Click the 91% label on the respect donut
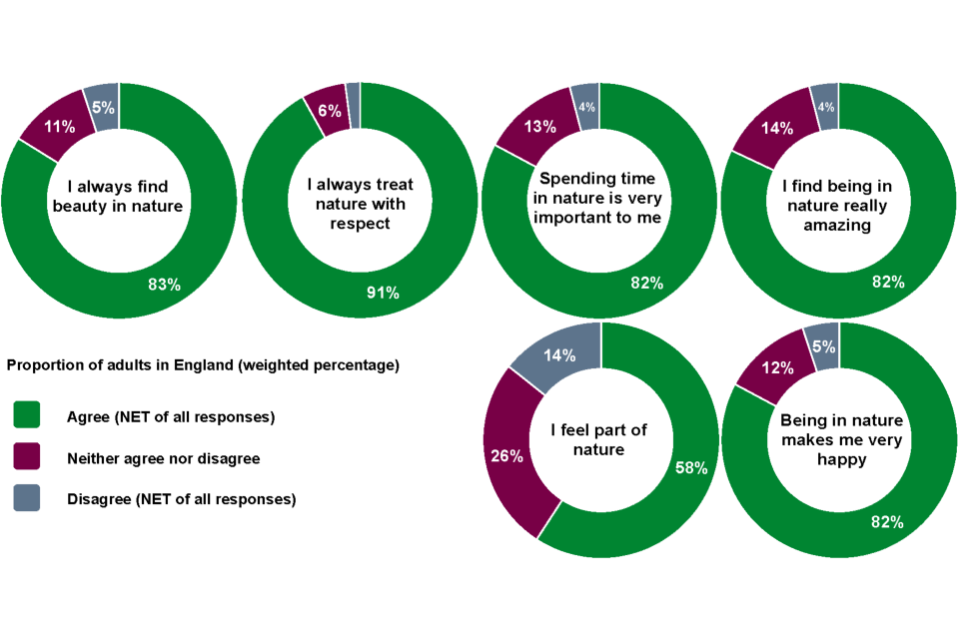[x=383, y=293]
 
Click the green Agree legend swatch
[x=27, y=415]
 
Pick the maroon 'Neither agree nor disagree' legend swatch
[x=27, y=457]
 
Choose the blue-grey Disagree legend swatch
[x=27, y=499]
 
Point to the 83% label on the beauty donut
[x=164, y=285]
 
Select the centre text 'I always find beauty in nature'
[x=118, y=197]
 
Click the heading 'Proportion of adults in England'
[x=203, y=365]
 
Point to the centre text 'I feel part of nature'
[x=599, y=439]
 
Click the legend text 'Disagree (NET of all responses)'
[x=181, y=499]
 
